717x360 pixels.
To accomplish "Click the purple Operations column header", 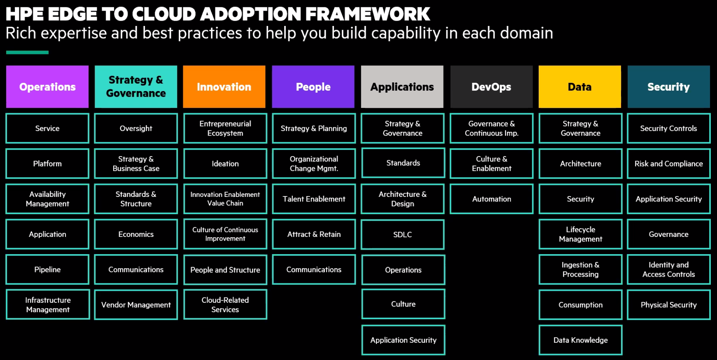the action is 47,86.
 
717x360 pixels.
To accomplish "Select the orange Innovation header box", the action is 224,86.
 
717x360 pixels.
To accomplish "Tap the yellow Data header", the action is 580,86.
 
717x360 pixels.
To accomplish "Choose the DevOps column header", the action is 491,86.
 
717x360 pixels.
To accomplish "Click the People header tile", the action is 313,86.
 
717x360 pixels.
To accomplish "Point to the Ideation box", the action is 225,164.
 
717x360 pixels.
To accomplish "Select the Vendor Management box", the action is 136,305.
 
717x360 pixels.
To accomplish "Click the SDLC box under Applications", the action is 403,234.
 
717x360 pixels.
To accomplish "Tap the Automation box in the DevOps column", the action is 492,199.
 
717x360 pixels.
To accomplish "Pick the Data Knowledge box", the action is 581,340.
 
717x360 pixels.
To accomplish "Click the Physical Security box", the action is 669,305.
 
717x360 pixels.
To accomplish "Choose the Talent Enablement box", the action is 314,199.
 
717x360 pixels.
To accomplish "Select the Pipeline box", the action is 47,269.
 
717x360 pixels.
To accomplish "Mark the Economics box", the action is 136,234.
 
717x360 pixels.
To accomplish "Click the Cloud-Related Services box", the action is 225,304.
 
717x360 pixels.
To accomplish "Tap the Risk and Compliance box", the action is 669,164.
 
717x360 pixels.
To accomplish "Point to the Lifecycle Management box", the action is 581,234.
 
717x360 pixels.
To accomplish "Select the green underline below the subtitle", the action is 27,52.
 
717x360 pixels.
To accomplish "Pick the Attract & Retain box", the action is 314,234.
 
